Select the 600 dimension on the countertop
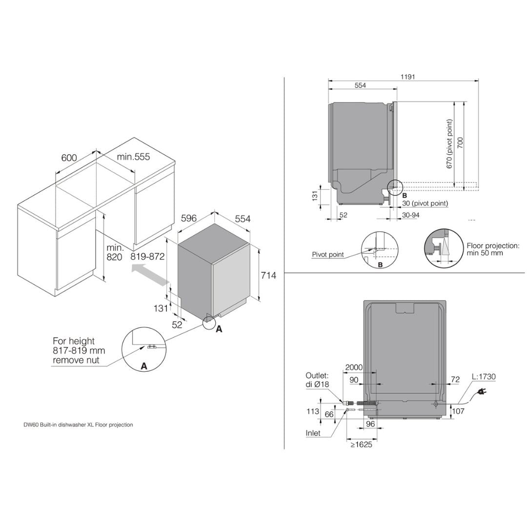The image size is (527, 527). [x=69, y=158]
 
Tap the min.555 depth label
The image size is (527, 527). [x=133, y=157]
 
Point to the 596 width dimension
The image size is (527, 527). [x=189, y=219]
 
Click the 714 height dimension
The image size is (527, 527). [x=268, y=276]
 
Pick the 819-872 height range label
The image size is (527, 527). [x=147, y=257]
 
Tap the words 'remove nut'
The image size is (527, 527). [x=76, y=360]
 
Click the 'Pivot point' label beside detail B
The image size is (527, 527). [x=327, y=254]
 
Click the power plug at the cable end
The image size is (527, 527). [x=482, y=391]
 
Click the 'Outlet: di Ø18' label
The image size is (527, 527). [x=318, y=380]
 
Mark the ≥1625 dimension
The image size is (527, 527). [x=361, y=445]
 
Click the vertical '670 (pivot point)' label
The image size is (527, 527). [x=449, y=144]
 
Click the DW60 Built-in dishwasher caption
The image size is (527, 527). [x=78, y=425]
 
